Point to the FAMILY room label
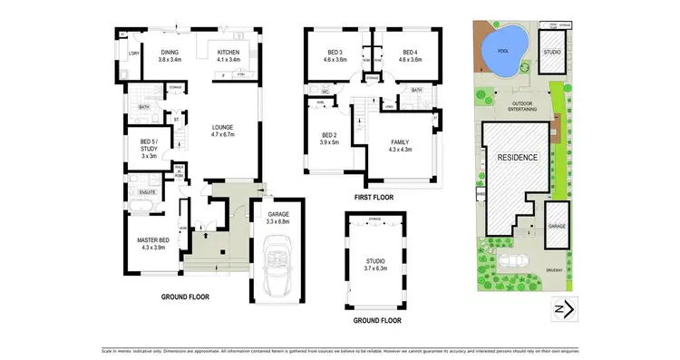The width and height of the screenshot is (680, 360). click(400, 146)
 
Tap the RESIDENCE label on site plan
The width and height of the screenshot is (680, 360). click(517, 157)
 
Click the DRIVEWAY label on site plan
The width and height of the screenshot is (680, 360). click(556, 268)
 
